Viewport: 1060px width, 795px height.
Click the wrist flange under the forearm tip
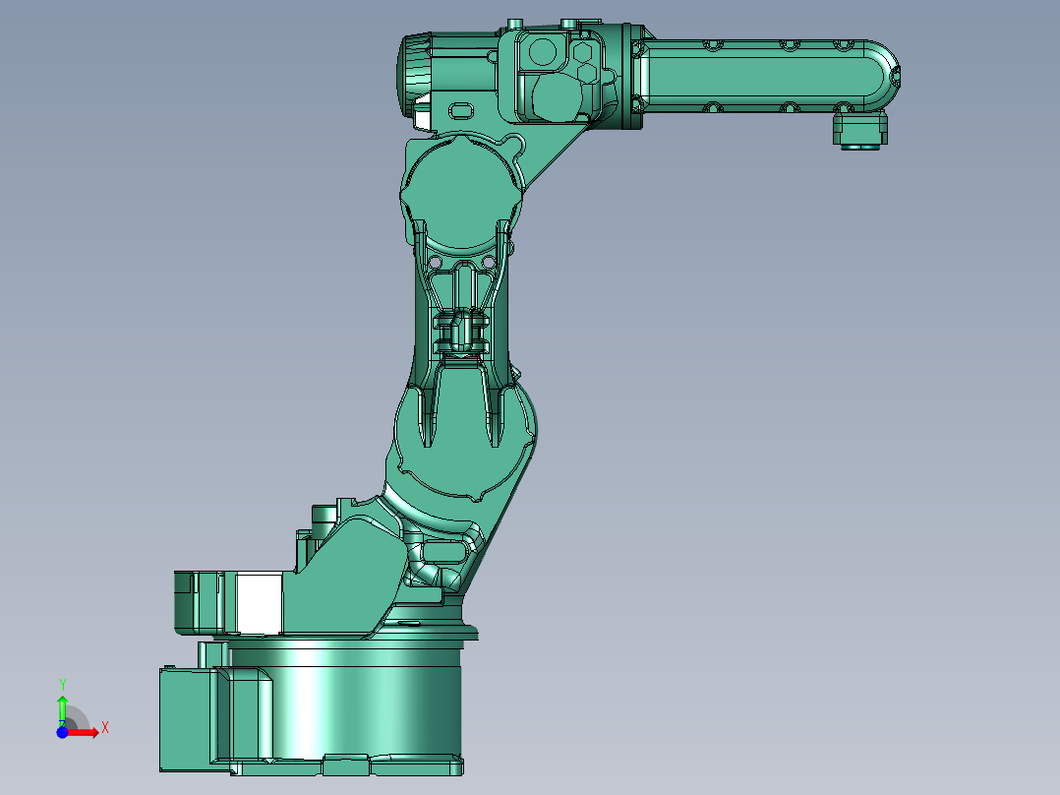tap(859, 130)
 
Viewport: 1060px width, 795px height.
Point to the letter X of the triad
tap(104, 727)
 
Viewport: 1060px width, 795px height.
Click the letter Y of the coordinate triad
tap(62, 684)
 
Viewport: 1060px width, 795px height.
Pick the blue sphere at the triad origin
tap(62, 732)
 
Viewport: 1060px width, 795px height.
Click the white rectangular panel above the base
tap(261, 603)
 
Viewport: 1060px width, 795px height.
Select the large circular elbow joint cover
tap(457, 192)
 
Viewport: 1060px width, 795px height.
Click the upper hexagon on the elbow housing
tap(583, 52)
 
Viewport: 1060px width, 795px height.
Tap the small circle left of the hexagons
tap(542, 50)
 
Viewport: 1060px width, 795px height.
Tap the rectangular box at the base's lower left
tap(185, 718)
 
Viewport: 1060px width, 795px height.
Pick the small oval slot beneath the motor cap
tap(462, 107)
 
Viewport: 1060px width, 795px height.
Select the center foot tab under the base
tap(346, 761)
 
